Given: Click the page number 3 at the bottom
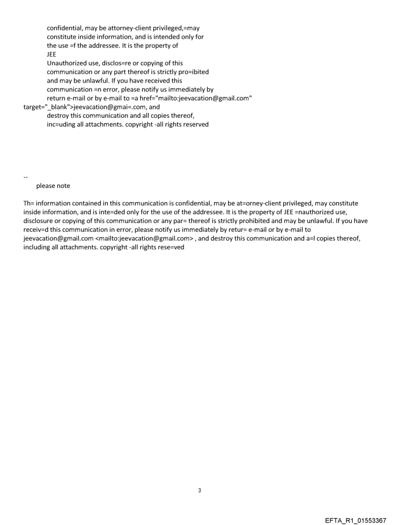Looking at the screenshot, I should click(199, 490).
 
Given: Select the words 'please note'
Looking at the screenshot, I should click(53, 186).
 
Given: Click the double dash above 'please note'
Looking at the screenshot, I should click(25, 177).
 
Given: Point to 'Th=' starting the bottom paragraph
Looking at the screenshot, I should click(29, 204).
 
